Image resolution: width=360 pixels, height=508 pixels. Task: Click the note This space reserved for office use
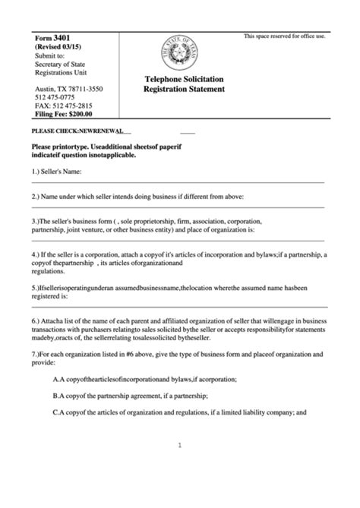[x=284, y=36]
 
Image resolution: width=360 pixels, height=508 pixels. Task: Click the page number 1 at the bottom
[x=180, y=446]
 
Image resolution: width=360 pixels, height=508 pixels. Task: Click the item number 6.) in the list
[x=39, y=322]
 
